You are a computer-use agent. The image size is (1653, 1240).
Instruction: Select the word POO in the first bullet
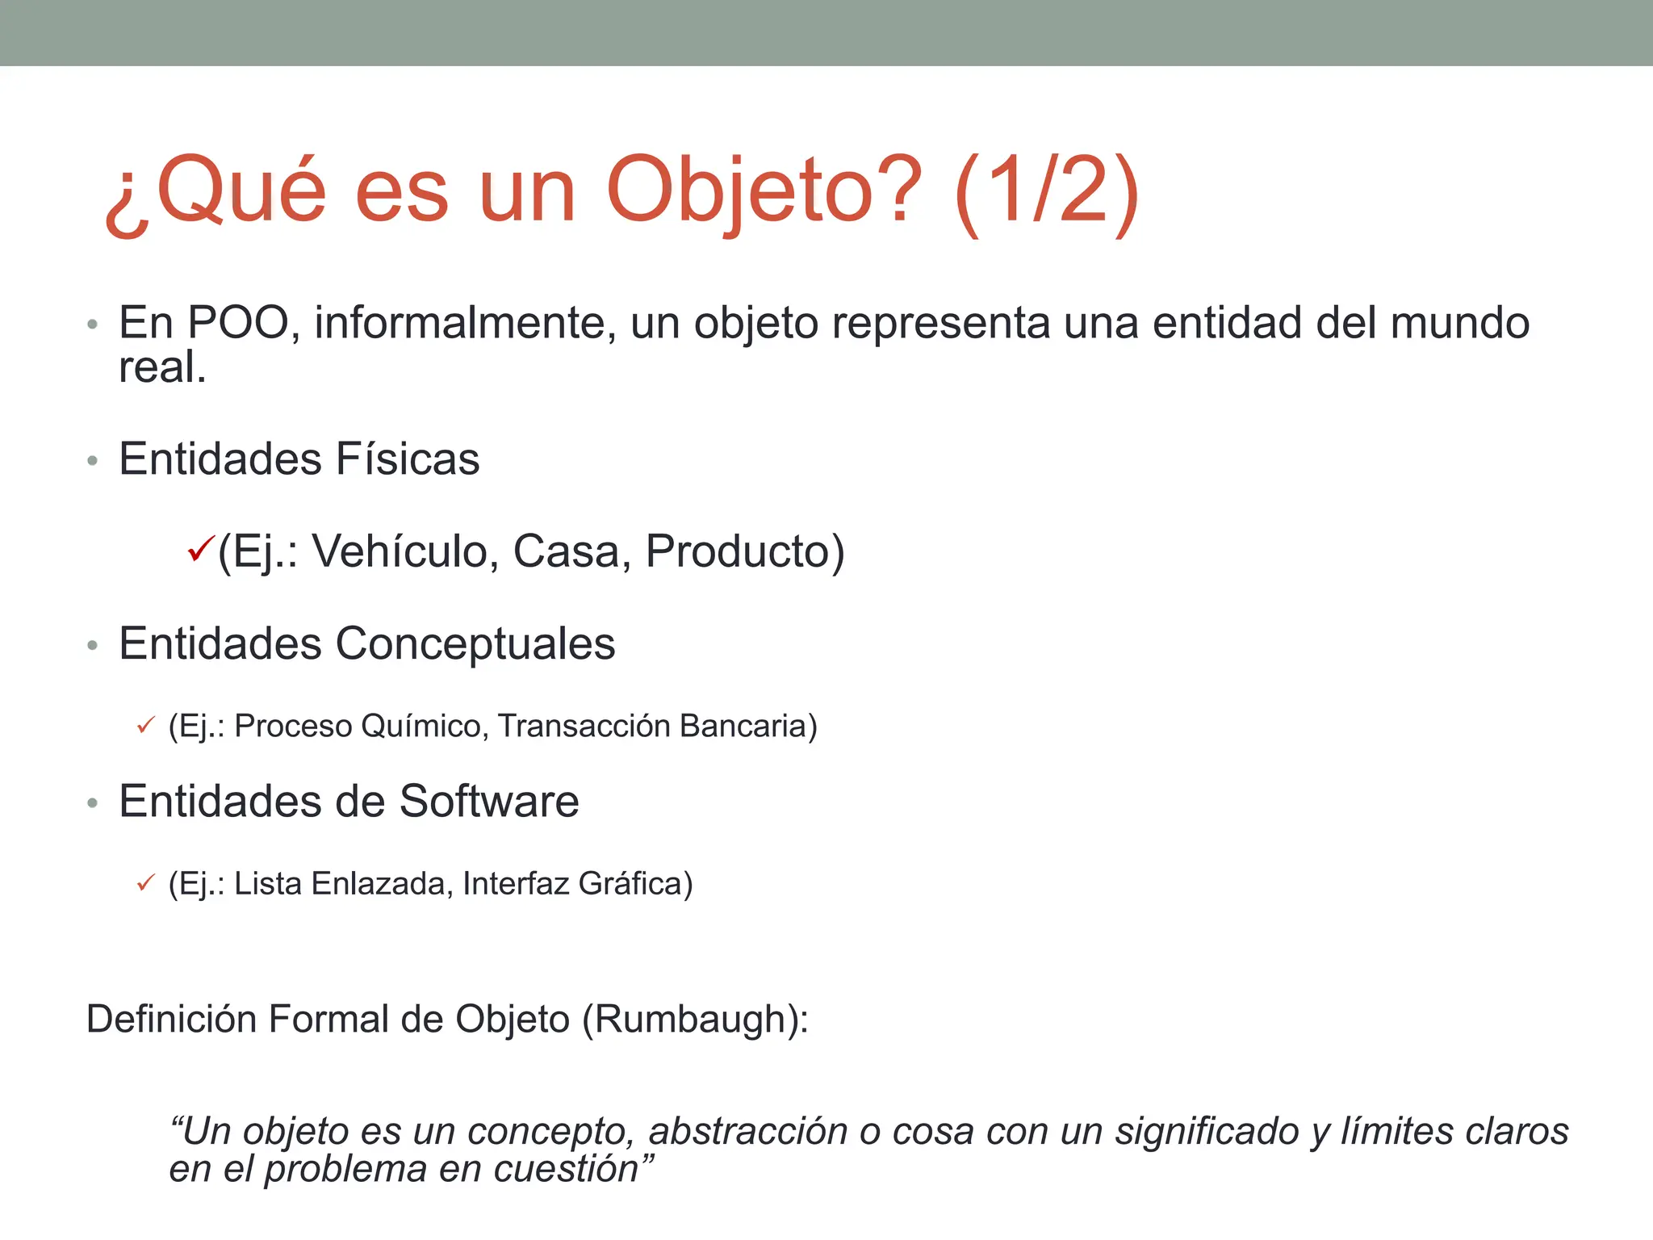coord(238,323)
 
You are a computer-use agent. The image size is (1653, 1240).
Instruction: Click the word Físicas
coord(408,459)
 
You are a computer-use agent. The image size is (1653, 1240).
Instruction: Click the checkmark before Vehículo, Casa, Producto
coord(199,551)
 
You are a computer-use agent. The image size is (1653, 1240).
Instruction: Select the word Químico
coord(425,726)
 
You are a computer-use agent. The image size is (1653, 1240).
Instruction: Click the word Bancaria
coord(747,726)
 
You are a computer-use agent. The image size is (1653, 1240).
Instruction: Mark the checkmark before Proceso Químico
coord(146,726)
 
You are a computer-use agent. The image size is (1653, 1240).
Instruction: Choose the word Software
coord(489,802)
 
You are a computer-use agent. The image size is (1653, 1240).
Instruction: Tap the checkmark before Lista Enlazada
coord(146,884)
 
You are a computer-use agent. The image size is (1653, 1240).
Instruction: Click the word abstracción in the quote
coord(748,1132)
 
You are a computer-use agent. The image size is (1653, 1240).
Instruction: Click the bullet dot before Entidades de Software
coord(93,803)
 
